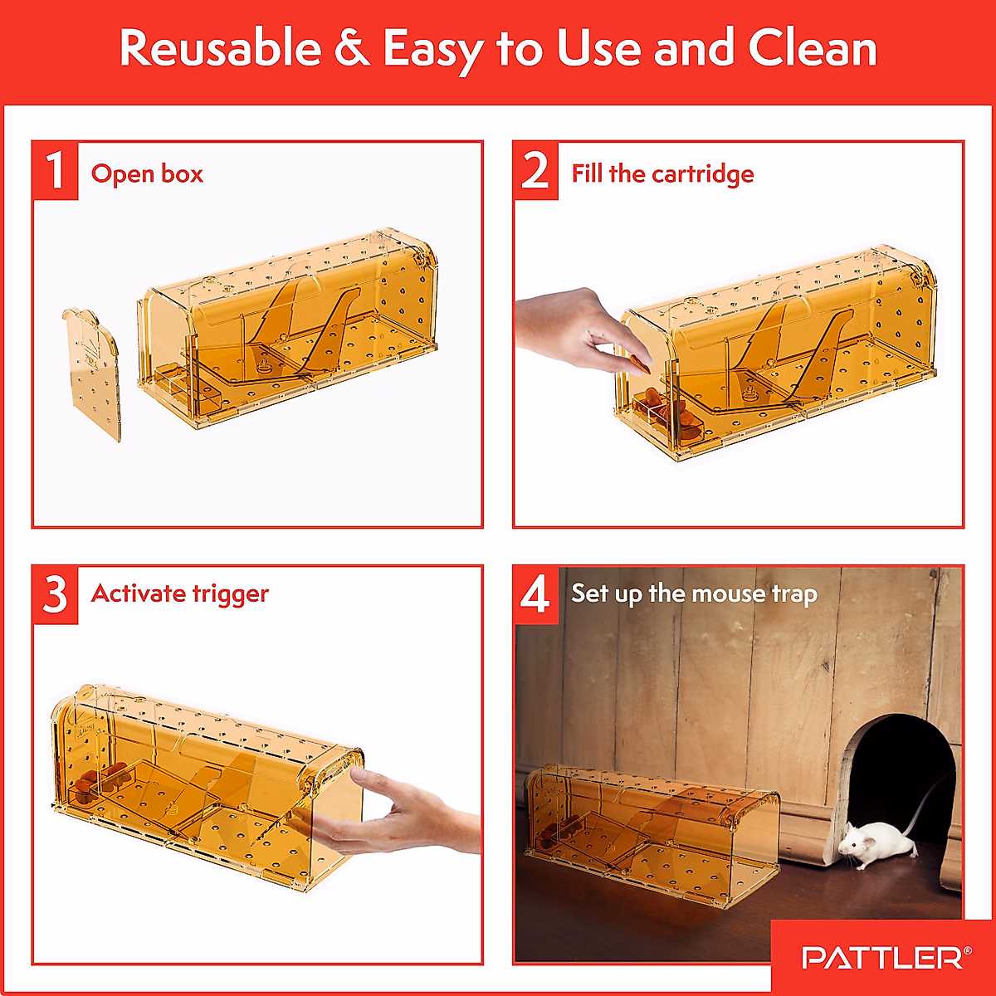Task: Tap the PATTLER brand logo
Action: (x=883, y=958)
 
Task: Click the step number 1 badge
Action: (x=55, y=171)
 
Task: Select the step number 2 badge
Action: (x=535, y=171)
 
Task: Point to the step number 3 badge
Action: (x=55, y=594)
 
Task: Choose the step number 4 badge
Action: (x=535, y=594)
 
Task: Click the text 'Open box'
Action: (x=147, y=173)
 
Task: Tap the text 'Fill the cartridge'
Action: (x=662, y=173)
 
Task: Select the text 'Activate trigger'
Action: (x=180, y=593)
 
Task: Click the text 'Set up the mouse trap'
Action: (x=694, y=593)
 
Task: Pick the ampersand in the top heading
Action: (x=352, y=48)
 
